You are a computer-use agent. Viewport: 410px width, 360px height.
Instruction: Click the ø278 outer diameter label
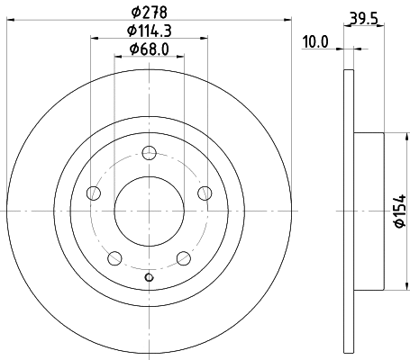150,13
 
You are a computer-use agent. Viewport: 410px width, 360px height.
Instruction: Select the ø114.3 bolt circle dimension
150,34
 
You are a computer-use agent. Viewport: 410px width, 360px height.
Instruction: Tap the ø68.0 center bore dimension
150,50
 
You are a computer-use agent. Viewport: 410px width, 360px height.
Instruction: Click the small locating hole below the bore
149,276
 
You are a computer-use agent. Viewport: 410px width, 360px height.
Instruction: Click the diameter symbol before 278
135,13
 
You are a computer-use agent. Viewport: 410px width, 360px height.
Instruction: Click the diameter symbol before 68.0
132,50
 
